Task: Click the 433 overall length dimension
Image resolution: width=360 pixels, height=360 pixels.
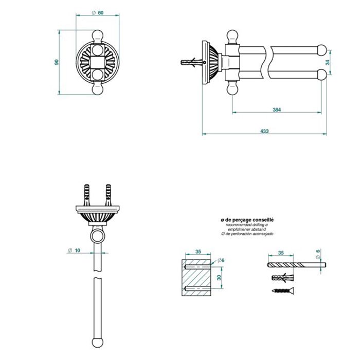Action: coord(264,131)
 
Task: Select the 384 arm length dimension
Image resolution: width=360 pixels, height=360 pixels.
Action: coord(277,110)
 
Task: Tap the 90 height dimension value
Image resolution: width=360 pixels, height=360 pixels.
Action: coord(57,62)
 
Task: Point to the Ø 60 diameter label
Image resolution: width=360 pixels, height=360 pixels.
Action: coord(98,13)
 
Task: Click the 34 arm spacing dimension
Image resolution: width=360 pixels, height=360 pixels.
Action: coord(328,62)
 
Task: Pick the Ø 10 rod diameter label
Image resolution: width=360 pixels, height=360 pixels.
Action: coord(74,250)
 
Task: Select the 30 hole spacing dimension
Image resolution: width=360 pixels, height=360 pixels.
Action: coord(219,277)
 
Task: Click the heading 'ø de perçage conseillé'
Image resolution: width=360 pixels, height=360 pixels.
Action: coord(247,220)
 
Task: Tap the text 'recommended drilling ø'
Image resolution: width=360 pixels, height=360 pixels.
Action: coord(247,225)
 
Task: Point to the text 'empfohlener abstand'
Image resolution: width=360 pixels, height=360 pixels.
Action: coord(247,229)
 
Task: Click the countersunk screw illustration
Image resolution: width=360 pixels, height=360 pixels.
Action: coord(283,291)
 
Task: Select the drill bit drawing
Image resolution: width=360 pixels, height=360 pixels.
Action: coord(297,265)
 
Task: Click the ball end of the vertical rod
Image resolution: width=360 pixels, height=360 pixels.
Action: coord(98,343)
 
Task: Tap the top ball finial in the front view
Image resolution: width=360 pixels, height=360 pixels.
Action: coord(98,35)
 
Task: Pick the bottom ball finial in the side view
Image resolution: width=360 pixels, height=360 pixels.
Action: coord(232,88)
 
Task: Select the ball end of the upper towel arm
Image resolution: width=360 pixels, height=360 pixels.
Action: coord(321,50)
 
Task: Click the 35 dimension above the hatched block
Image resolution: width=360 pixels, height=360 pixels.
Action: coord(198,251)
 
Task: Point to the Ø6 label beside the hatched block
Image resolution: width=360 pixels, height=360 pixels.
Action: coord(221,260)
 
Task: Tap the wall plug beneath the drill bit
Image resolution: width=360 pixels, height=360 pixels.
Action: coord(283,278)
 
